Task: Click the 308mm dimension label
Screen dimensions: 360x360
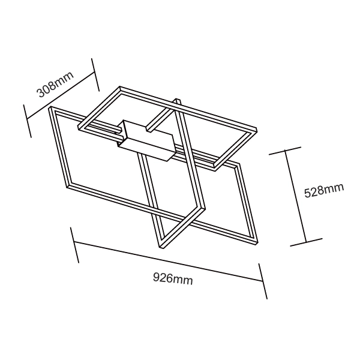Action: (55, 84)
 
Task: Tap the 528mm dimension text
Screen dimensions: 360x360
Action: (324, 191)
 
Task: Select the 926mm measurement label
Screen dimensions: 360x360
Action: (173, 279)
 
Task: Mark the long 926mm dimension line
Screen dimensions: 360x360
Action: (168, 262)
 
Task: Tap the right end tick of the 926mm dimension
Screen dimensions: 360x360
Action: (263, 280)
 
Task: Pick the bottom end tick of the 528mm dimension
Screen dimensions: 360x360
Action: (307, 243)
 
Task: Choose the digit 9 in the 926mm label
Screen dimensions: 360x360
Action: (157, 277)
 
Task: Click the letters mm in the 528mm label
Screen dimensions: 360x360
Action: (335, 189)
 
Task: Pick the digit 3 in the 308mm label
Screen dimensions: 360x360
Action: (41, 93)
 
